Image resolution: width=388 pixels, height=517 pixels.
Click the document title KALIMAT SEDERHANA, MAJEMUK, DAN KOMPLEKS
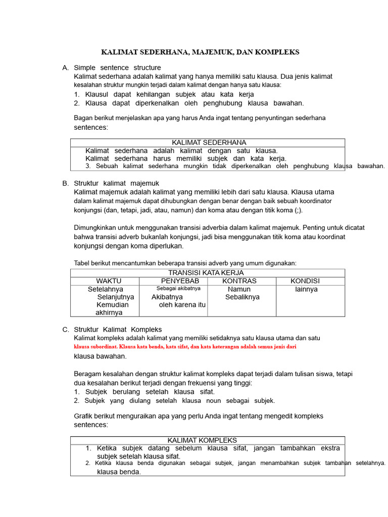(x=201, y=52)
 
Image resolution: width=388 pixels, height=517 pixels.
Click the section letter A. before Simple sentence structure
(x=65, y=68)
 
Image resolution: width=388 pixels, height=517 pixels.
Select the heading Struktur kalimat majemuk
(x=117, y=183)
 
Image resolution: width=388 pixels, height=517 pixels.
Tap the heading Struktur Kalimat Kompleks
(x=118, y=329)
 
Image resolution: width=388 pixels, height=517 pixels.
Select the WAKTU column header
(x=109, y=281)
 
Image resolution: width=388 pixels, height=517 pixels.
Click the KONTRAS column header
(x=239, y=281)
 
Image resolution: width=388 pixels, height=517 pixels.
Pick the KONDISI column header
(x=305, y=281)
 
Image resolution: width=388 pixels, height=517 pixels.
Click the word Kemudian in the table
(x=113, y=305)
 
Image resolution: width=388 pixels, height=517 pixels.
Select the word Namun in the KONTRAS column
(x=239, y=289)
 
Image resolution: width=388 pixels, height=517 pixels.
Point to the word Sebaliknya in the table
(x=243, y=297)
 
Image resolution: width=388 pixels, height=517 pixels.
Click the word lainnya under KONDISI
(x=306, y=289)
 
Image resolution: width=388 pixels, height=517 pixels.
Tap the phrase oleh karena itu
(x=182, y=305)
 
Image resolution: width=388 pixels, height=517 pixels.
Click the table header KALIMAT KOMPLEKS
(x=202, y=440)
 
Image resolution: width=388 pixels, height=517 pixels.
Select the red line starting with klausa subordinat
(x=185, y=347)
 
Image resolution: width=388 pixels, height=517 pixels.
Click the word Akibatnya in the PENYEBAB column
(x=167, y=297)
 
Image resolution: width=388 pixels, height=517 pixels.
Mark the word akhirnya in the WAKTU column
(x=109, y=313)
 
